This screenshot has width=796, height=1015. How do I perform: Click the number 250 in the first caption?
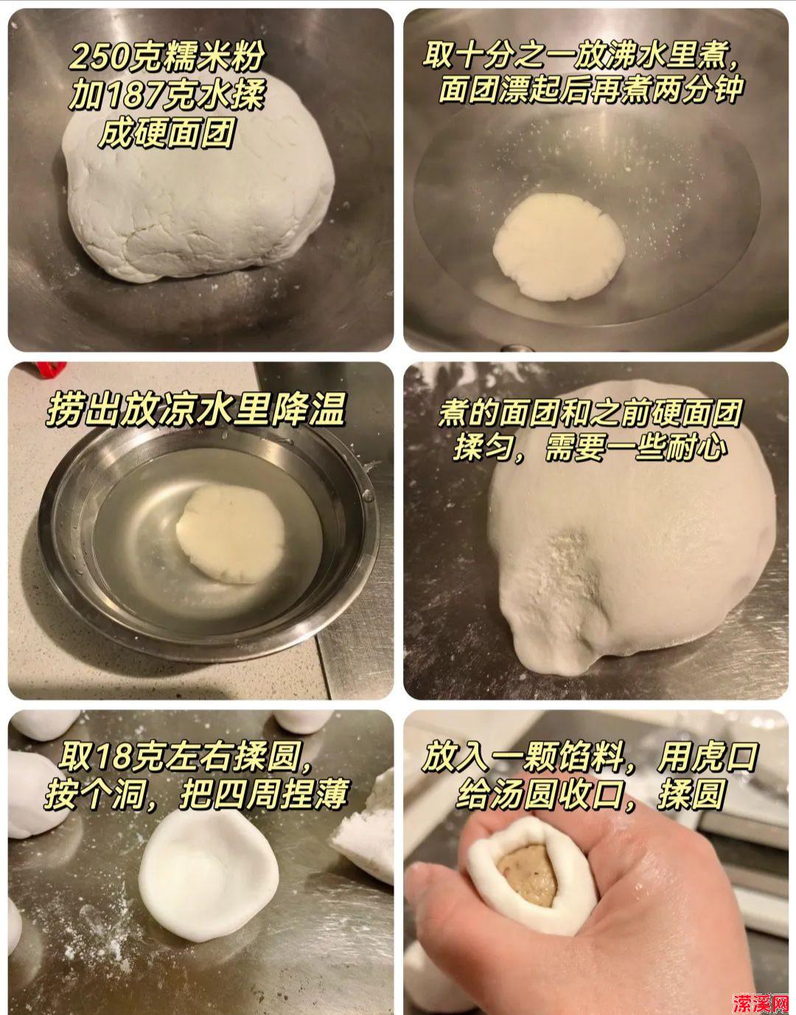click(98, 57)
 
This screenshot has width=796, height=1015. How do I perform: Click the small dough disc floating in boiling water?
click(559, 246)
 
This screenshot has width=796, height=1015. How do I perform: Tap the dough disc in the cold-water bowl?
click(231, 533)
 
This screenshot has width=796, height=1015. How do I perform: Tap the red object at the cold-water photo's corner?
click(52, 368)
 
